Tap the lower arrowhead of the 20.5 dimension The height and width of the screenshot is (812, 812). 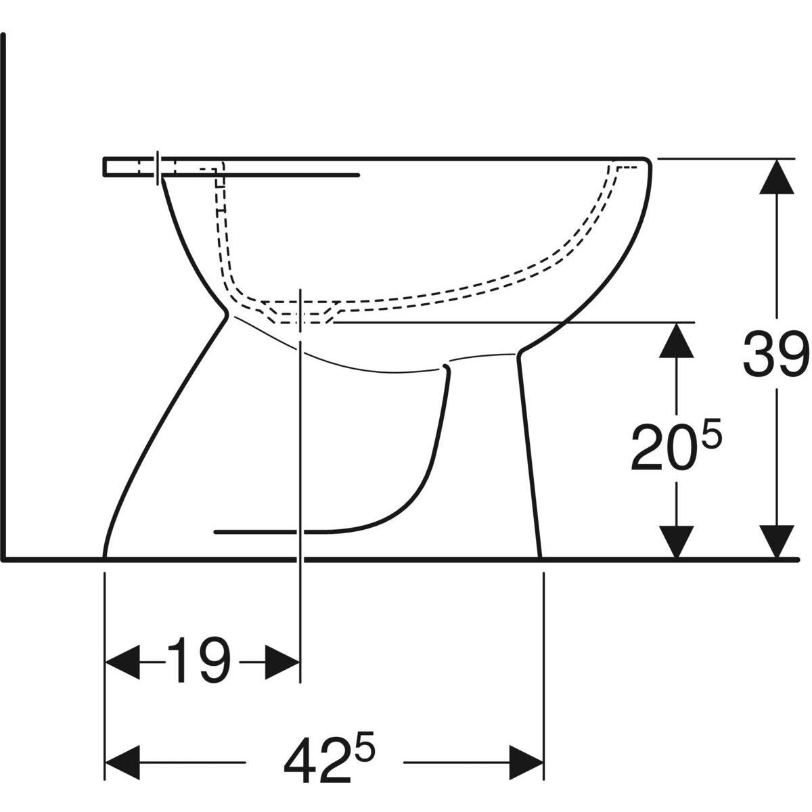tap(676, 541)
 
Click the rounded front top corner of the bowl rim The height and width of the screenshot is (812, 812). tap(646, 162)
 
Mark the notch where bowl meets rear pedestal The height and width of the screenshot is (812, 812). tap(226, 313)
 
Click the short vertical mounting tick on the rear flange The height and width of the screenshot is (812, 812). tap(158, 166)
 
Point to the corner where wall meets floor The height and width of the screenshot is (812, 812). tap(5, 559)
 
